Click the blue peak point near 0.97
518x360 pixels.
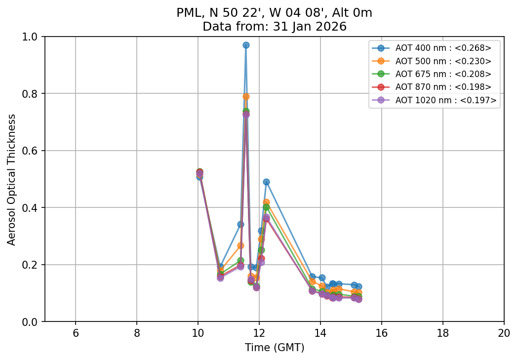pos(246,45)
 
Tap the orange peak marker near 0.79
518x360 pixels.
pos(246,96)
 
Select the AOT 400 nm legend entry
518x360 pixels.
pos(443,48)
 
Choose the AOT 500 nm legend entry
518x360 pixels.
pos(443,61)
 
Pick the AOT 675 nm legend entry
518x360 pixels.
pos(443,74)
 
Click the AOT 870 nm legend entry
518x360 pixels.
pos(443,87)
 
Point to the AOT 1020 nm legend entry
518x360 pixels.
pos(445,100)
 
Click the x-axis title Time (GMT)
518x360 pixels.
pos(275,348)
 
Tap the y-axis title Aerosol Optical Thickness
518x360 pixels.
pos(12,179)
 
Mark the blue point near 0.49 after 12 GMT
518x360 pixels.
pos(266,182)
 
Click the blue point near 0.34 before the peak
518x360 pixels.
pos(240,224)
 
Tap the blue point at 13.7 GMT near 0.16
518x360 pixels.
pos(312,277)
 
